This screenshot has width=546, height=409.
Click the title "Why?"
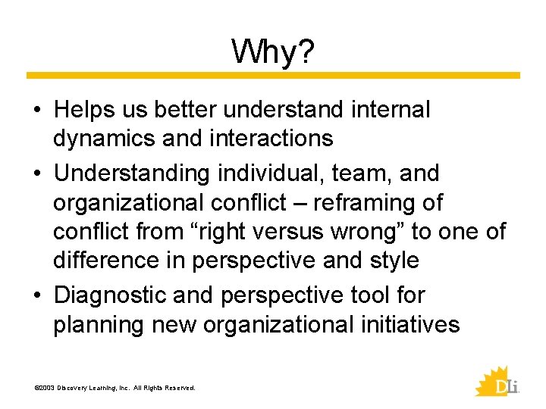pos(273,52)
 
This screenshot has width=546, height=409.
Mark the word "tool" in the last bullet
pos(371,295)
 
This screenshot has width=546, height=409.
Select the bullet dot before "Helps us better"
pos(37,111)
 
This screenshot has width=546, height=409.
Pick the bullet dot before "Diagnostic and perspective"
pos(37,296)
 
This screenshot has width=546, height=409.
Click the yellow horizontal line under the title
pos(273,76)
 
